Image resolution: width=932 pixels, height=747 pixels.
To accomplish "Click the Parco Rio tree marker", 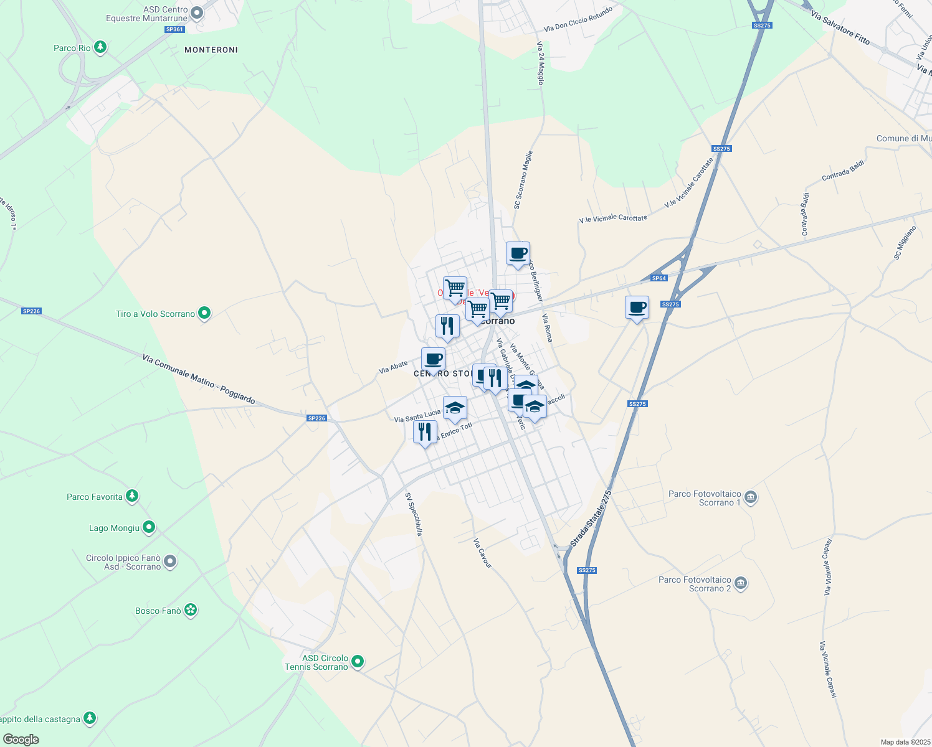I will tap(100, 47).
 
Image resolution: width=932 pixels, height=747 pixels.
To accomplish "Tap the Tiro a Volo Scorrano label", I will tap(155, 314).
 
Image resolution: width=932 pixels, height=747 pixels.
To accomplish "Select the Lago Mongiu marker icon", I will tap(148, 528).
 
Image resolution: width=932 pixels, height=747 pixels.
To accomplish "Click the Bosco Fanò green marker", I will tap(191, 610).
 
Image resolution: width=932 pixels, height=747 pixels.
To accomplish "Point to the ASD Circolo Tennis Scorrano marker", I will tap(358, 661).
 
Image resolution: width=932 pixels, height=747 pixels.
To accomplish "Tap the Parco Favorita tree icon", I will tap(131, 496).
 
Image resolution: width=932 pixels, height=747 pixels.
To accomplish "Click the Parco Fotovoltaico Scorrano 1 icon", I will tap(751, 497).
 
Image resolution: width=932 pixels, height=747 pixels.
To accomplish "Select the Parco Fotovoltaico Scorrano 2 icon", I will tap(741, 583).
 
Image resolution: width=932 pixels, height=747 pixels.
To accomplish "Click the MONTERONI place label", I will tap(211, 50).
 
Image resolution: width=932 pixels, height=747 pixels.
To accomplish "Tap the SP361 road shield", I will tap(175, 29).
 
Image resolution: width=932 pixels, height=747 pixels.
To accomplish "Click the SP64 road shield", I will tap(659, 278).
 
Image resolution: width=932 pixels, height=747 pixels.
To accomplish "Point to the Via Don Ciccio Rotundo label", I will tap(578, 20).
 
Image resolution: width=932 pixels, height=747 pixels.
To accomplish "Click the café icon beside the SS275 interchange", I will tap(637, 308).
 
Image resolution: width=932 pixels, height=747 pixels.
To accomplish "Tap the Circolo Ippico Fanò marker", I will tap(169, 562).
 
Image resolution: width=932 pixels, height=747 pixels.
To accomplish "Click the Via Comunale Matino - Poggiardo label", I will tap(198, 379).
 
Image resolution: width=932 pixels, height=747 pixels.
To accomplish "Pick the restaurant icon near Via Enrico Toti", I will tap(425, 431).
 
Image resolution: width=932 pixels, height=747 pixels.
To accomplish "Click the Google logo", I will tap(21, 739).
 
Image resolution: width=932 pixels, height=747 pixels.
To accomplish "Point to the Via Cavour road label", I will tap(482, 553).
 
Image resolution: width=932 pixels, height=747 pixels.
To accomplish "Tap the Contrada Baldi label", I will tap(843, 171).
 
